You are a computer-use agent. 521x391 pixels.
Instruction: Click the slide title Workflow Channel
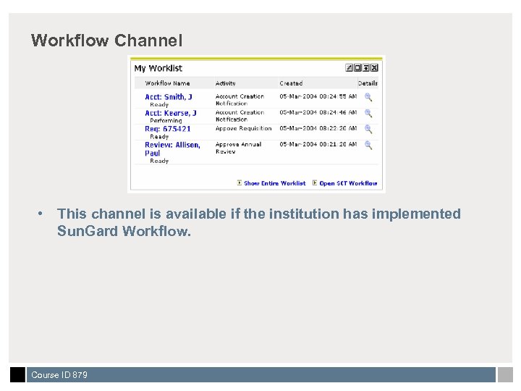(106, 41)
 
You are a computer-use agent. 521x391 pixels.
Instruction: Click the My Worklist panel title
(158, 68)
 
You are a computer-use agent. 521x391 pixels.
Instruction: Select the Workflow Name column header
(167, 83)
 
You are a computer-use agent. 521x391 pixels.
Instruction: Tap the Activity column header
(226, 83)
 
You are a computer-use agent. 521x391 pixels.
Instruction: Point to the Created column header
(291, 83)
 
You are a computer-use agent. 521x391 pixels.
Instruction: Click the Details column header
(368, 83)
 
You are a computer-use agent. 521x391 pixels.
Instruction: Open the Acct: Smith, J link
(169, 97)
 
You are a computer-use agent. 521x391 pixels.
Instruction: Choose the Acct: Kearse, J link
(171, 113)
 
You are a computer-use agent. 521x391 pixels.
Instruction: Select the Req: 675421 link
(168, 129)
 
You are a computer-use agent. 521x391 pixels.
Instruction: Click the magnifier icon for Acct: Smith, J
(368, 97)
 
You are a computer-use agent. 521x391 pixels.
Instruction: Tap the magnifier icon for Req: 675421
(368, 129)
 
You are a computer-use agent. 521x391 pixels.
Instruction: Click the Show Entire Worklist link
(274, 183)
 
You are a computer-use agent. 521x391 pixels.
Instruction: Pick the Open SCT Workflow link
(348, 183)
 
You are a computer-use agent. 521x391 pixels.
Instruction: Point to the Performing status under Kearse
(166, 121)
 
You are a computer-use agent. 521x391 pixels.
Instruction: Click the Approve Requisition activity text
(243, 129)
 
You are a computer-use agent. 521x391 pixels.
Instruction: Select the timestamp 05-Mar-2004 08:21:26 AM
(318, 144)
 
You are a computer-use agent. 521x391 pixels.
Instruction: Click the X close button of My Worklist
(374, 68)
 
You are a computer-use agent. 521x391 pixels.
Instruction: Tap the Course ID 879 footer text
(59, 375)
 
